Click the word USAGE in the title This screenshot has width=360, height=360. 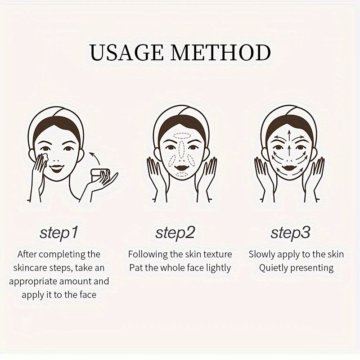click(x=126, y=52)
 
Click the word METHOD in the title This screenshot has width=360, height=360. click(x=221, y=52)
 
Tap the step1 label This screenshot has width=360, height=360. click(x=59, y=233)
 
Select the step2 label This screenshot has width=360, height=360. click(x=175, y=233)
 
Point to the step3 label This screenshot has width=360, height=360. click(x=290, y=233)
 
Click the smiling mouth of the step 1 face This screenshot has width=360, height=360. click(x=57, y=168)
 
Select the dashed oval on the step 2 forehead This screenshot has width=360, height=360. click(x=182, y=136)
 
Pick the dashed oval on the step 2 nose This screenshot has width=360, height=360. click(x=182, y=150)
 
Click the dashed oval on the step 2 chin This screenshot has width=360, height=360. click(x=182, y=175)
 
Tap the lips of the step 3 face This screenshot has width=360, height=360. click(x=289, y=166)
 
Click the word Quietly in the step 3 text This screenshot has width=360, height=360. click(x=273, y=268)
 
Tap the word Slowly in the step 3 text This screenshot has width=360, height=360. click(x=262, y=255)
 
